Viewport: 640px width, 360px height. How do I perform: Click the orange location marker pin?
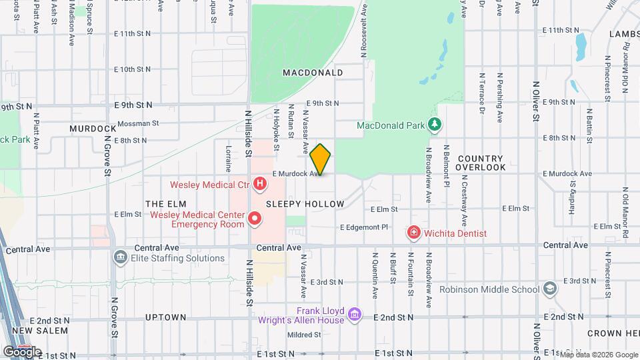pyautogui.click(x=321, y=159)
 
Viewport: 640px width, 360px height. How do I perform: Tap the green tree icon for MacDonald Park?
pyautogui.click(x=435, y=125)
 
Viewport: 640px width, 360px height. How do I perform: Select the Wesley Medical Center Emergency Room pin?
pyautogui.click(x=254, y=218)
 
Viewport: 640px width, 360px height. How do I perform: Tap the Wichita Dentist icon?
pyautogui.click(x=414, y=233)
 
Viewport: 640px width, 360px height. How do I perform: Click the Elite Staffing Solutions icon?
pyautogui.click(x=120, y=257)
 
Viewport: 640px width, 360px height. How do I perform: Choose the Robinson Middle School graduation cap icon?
pyautogui.click(x=549, y=289)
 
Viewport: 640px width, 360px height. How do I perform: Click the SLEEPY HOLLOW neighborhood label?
pyautogui.click(x=305, y=204)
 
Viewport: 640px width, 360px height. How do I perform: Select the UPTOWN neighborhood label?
pyautogui.click(x=165, y=317)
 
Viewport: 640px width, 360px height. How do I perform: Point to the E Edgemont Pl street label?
pyautogui.click(x=364, y=227)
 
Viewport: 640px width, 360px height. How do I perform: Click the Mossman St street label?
pyautogui.click(x=138, y=123)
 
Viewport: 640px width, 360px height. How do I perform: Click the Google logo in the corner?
pyautogui.click(x=22, y=351)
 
